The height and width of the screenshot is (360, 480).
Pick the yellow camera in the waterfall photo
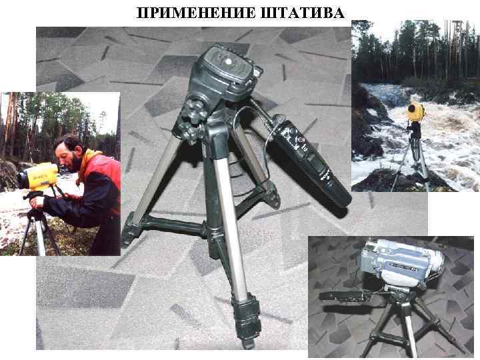[x=417, y=112]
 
